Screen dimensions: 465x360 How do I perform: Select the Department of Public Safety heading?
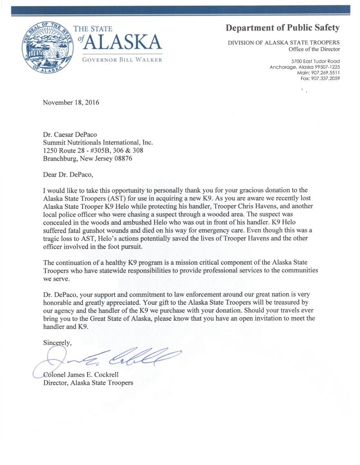tap(283, 28)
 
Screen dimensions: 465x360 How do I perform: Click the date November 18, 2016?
tap(71, 102)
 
